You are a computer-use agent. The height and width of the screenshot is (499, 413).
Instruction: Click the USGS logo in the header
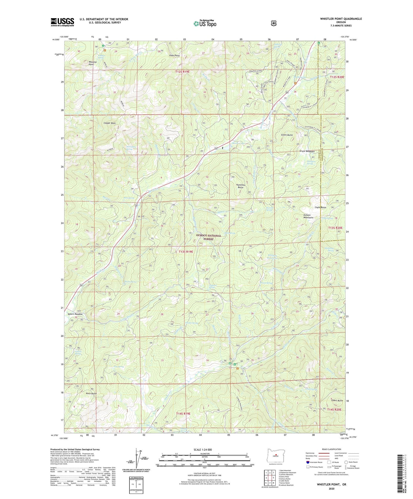(x=62, y=22)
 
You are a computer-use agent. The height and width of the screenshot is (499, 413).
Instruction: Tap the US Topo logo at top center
(x=205, y=23)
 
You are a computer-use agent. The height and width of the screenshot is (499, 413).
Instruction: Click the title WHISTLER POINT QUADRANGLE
(x=341, y=19)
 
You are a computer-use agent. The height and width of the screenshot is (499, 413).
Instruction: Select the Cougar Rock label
(x=110, y=123)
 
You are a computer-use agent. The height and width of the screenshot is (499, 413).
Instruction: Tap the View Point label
(x=175, y=56)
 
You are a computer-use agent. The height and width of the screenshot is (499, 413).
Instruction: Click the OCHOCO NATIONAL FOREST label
(x=208, y=237)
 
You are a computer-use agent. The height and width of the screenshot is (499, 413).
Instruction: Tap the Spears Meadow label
(x=75, y=314)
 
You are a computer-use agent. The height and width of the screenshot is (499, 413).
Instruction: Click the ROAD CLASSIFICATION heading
(x=332, y=449)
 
